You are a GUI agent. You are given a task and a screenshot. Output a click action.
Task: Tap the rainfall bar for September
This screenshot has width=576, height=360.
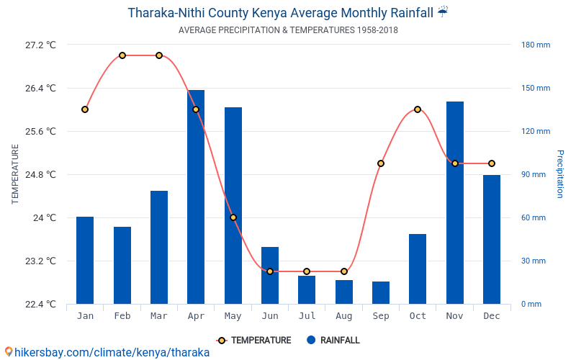tap(381, 292)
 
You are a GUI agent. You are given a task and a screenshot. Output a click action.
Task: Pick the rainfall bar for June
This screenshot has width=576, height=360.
tap(270, 275)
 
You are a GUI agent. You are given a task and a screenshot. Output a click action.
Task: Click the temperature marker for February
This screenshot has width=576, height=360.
tap(122, 55)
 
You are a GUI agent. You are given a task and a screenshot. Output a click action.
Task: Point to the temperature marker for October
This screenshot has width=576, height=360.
tap(418, 109)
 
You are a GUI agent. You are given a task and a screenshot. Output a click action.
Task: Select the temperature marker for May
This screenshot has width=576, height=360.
tap(233, 217)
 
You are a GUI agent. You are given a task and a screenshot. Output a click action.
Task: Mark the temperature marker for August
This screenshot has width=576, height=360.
tap(344, 271)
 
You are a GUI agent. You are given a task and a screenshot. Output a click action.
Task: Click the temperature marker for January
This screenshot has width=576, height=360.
tap(85, 109)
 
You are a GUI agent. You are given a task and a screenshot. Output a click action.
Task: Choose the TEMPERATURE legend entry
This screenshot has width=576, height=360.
tap(253, 341)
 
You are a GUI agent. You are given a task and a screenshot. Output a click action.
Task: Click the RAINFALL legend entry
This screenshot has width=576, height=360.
tap(333, 341)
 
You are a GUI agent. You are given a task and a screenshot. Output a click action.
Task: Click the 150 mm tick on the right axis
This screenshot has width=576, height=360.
tap(536, 88)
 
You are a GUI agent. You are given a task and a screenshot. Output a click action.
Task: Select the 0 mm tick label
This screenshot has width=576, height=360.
tap(531, 304)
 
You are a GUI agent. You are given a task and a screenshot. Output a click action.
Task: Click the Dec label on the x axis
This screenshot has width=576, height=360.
tap(492, 316)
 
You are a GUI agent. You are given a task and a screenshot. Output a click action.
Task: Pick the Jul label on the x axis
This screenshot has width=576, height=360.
tap(307, 316)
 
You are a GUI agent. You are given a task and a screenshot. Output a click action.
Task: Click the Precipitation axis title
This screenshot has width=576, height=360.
tap(560, 174)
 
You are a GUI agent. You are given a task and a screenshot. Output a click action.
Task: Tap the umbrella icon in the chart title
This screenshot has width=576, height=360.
tap(443, 12)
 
